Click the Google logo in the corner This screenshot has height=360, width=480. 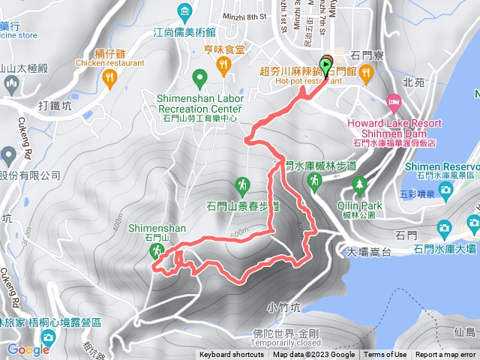(x=28, y=349)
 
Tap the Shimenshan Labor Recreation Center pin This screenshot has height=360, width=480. (x=199, y=77)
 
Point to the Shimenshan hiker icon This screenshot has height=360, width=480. (x=157, y=250)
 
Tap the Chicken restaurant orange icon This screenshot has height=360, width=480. (x=110, y=76)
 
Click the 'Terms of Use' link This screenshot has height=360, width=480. (x=385, y=355)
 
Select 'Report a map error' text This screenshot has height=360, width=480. (x=446, y=355)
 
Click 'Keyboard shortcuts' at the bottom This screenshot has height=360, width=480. (x=232, y=355)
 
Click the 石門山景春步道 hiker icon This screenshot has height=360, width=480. (x=242, y=184)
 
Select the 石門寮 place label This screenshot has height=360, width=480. (x=367, y=55)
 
